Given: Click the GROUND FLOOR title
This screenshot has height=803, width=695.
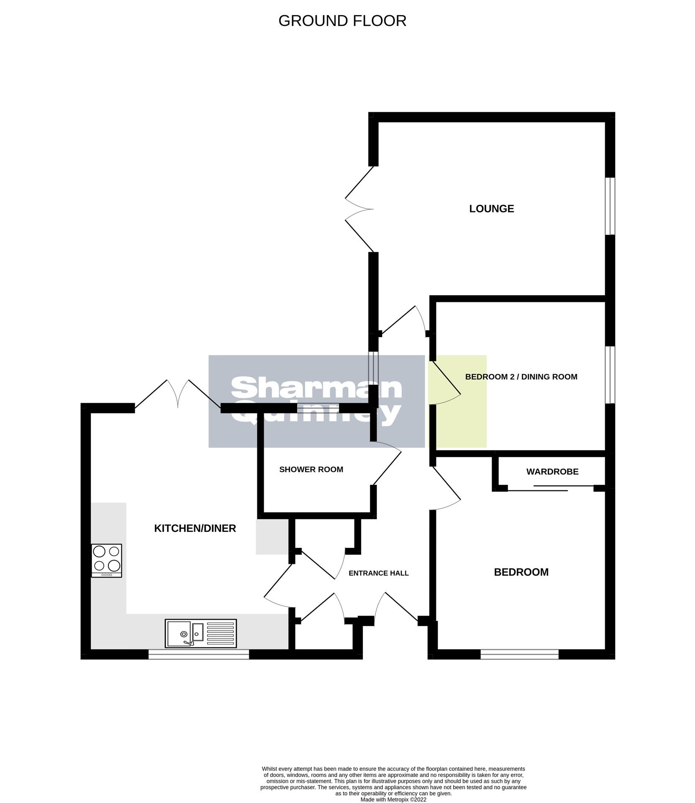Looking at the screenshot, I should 342,21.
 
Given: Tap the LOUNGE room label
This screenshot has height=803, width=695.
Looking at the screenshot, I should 491,209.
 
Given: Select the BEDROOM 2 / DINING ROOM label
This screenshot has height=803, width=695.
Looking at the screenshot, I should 521,377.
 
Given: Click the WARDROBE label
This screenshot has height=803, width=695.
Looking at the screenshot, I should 552,472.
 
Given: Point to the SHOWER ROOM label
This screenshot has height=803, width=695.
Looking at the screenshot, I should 311,470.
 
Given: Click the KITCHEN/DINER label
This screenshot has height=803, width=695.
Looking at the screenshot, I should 195,529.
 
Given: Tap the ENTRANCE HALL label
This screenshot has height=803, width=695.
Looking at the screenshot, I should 378,573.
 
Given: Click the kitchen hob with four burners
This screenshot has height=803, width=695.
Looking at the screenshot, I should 107,560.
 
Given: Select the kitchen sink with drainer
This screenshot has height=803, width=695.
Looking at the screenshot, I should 201,633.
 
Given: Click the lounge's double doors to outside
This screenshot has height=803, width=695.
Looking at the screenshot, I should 359,209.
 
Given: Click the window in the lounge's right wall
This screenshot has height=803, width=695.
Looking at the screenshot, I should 610,206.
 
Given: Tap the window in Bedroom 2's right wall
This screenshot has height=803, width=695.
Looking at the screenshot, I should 610,375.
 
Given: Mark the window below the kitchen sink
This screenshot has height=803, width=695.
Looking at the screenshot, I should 199,655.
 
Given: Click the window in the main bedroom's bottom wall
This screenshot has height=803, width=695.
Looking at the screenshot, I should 519,655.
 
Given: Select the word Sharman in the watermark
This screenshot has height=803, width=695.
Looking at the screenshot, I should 316,389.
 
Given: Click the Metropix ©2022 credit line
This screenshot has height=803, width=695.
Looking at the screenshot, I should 393,800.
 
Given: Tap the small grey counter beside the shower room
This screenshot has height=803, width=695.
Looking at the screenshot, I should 272,537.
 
